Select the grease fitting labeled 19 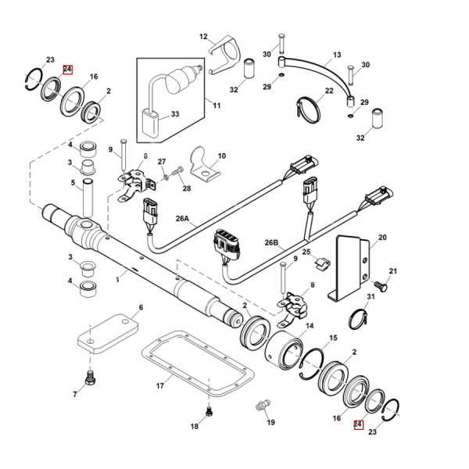click(x=262, y=406)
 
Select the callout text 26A click(x=182, y=221)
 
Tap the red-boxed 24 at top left click(x=68, y=69)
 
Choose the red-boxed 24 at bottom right click(x=358, y=425)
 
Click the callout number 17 click(x=159, y=385)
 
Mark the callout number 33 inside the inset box click(x=174, y=114)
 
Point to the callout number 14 click(x=310, y=326)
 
